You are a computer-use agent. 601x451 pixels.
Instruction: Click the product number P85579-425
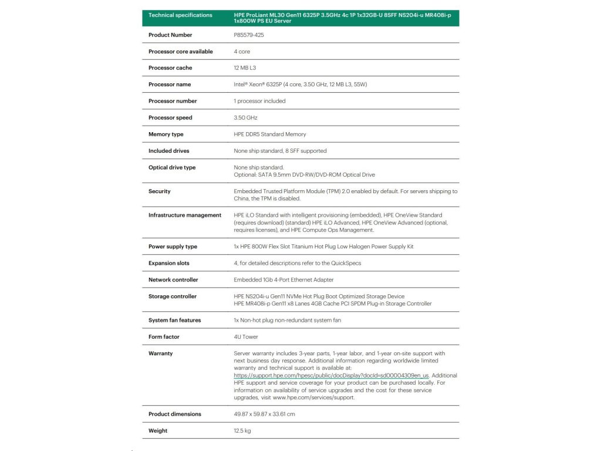point(249,35)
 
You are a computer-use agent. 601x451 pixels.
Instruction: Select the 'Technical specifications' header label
point(180,15)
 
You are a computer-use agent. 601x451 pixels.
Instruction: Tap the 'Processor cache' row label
point(170,68)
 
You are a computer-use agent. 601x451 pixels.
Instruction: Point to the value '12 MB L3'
point(245,68)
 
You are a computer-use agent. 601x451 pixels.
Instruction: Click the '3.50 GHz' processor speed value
point(246,118)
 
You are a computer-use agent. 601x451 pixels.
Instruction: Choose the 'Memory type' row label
point(166,134)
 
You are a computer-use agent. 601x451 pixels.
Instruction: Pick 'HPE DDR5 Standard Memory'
point(270,134)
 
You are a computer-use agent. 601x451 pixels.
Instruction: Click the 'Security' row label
point(160,191)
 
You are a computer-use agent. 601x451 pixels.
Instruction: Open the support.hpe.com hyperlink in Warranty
point(332,375)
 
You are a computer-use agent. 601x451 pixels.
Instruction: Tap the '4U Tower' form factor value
point(246,337)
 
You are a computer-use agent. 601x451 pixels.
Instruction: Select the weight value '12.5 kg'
point(242,431)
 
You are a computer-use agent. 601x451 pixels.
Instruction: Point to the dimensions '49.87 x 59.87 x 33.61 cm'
point(264,415)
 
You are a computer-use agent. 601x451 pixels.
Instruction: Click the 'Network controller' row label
point(173,280)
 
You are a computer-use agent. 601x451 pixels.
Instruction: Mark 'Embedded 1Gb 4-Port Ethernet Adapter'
point(283,280)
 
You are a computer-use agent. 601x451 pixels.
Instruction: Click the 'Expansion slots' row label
point(169,264)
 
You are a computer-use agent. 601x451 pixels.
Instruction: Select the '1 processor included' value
point(259,101)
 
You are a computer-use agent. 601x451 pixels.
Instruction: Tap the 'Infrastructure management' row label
point(185,216)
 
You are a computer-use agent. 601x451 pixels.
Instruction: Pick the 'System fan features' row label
point(174,321)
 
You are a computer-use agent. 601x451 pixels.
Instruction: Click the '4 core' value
point(242,52)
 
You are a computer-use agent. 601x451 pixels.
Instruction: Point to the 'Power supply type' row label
point(173,247)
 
